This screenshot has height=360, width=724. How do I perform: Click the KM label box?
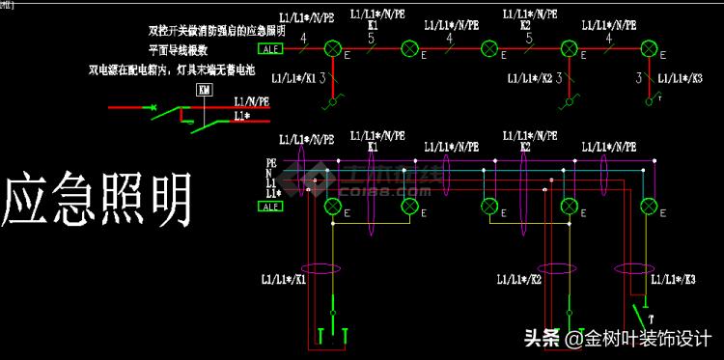204,91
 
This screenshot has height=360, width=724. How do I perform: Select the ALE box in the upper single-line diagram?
270,48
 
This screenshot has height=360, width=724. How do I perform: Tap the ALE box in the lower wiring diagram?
271,206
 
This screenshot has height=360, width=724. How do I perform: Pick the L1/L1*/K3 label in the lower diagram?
674,280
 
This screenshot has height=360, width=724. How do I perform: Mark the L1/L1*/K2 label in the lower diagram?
519,280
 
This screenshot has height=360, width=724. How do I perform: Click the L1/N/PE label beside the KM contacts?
252,101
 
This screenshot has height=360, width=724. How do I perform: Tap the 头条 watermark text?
542,338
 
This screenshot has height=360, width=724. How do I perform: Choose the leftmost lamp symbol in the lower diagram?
334,206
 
